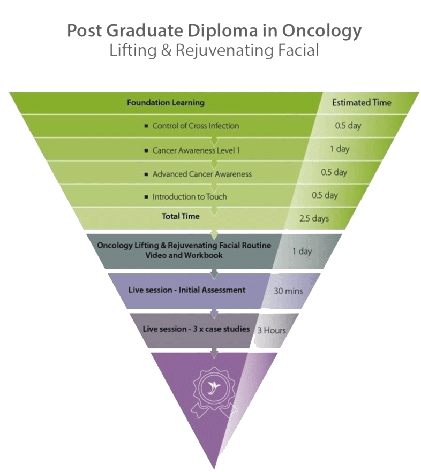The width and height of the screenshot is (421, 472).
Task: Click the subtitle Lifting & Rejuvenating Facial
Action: (214, 51)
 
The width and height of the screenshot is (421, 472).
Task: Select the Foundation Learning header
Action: (166, 102)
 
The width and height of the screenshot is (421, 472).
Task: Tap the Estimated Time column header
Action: (362, 102)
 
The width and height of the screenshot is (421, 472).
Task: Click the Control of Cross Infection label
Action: (196, 126)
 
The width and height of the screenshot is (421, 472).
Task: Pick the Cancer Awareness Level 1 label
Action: (196, 150)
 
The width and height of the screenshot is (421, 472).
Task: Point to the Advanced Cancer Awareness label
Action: (202, 174)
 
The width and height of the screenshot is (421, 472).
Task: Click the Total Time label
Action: (181, 216)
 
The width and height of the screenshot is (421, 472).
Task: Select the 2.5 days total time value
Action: (314, 218)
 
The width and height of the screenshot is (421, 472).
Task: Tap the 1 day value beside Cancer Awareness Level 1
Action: (340, 149)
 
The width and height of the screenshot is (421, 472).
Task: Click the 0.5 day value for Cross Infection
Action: (348, 126)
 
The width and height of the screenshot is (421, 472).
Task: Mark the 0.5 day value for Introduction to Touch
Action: (325, 195)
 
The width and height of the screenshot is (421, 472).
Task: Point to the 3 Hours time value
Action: (272, 330)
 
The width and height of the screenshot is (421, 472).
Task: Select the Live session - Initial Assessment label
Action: (187, 290)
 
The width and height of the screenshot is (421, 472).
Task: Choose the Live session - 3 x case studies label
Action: (197, 329)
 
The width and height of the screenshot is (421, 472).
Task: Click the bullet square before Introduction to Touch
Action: (146, 197)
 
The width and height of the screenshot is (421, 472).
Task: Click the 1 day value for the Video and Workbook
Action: (302, 251)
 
